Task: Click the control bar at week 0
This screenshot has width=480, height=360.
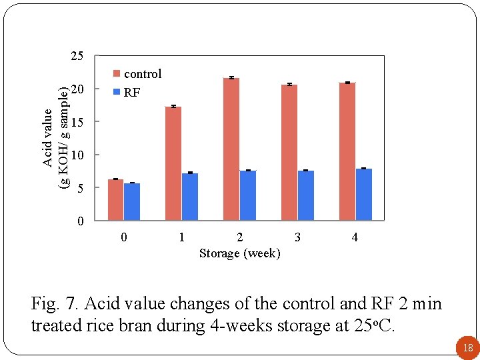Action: coord(115,199)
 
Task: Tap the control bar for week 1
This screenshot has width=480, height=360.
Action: coord(173,163)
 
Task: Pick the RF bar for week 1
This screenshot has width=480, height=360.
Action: coord(190,197)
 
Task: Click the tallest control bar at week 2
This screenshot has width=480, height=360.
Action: coord(231,149)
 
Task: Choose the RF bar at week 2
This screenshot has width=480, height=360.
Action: coord(248,195)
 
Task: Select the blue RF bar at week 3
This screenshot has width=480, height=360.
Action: coord(306,195)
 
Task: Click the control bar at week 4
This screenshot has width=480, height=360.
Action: coord(347,151)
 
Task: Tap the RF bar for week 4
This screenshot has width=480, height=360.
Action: coord(364,194)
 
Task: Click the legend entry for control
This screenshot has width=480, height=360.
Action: coord(137,74)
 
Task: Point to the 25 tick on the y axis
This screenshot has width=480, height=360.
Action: coord(77,56)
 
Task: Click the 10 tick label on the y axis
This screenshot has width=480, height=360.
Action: coord(77,155)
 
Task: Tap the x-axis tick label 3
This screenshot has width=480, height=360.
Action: coord(297,237)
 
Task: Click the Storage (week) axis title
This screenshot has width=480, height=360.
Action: coord(240,253)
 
